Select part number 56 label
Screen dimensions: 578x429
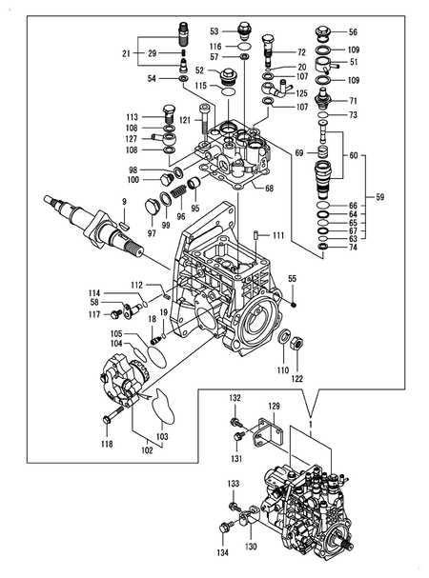[353, 31]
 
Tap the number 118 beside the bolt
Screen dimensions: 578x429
[107, 445]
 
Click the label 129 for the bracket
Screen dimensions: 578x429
[274, 407]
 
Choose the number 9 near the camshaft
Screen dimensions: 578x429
[123, 201]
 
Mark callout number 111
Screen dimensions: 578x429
[278, 235]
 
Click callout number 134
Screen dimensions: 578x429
[222, 552]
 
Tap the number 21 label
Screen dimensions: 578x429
[127, 53]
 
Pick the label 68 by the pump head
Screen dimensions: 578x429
[270, 188]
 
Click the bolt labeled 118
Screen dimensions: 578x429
[106, 418]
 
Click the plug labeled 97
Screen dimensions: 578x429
[152, 208]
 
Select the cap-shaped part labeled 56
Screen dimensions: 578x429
[324, 31]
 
